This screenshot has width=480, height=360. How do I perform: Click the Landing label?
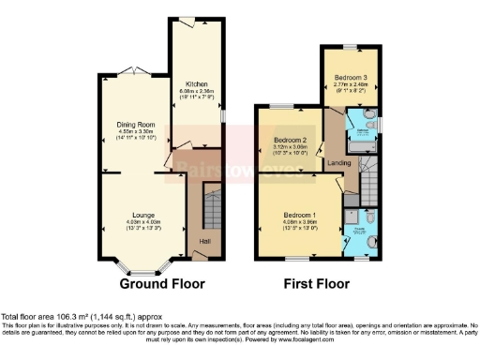click(x=339, y=162)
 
